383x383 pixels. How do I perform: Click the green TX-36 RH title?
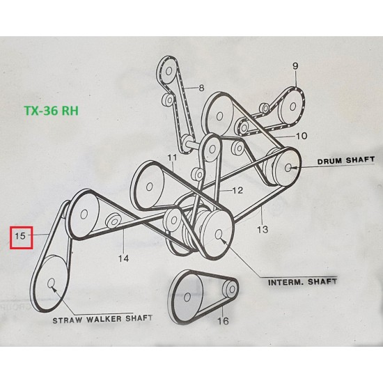[x=52, y=111]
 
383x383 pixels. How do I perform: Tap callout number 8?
[x=201, y=88]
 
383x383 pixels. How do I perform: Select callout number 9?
[x=295, y=66]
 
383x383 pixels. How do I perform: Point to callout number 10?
[x=302, y=136]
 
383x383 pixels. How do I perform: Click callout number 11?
[x=172, y=157]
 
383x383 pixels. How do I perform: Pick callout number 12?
[x=237, y=190]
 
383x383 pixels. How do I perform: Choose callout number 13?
[x=263, y=229]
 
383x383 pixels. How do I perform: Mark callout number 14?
[x=123, y=258]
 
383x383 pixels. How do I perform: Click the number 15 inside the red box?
[x=20, y=236]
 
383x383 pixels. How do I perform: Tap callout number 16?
[x=223, y=321]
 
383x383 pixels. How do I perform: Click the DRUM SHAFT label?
[x=345, y=160]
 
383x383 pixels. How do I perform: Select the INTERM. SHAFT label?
[x=302, y=282]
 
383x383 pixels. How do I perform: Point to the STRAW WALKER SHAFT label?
[x=102, y=319]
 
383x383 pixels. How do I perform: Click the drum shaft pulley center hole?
[x=288, y=168]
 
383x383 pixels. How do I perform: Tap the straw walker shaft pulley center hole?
[x=51, y=283]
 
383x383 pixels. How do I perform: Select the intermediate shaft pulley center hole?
[x=219, y=234]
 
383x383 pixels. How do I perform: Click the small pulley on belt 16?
[x=230, y=289]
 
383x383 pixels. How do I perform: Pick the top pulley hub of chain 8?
[x=169, y=71]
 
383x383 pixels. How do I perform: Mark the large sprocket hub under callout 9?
[x=293, y=107]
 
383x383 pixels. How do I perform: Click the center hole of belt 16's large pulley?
[x=187, y=297]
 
